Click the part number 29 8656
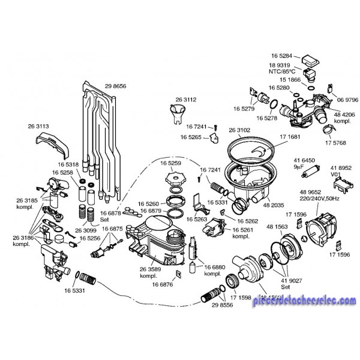(x=115, y=86)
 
